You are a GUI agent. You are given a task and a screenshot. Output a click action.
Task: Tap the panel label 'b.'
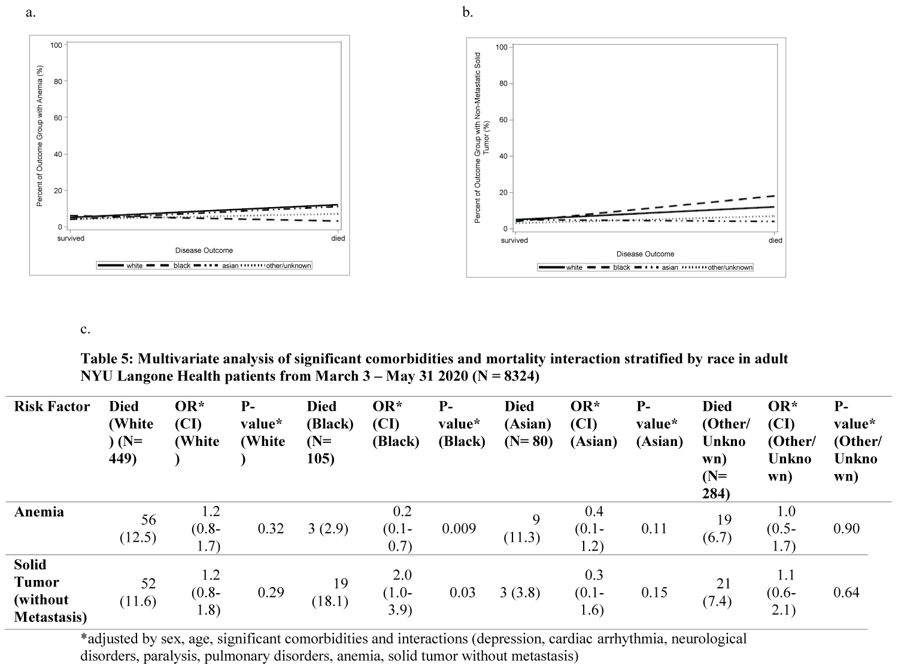click(x=468, y=12)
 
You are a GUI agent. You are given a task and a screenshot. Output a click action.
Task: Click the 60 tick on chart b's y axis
click(x=502, y=120)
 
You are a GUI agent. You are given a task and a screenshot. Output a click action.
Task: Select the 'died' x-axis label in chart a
click(x=338, y=238)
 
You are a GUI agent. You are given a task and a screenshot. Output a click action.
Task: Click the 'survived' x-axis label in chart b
click(x=514, y=241)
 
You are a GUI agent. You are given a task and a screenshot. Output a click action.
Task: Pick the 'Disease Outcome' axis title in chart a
click(x=204, y=250)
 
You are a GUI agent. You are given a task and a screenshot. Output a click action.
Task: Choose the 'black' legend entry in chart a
click(x=182, y=265)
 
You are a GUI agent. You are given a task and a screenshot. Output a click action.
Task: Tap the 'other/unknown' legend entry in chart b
click(x=730, y=268)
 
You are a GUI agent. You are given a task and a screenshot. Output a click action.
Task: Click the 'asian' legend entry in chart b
click(x=670, y=268)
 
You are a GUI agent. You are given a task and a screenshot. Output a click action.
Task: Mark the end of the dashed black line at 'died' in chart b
click(x=775, y=196)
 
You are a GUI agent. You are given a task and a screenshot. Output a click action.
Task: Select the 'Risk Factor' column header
click(x=51, y=406)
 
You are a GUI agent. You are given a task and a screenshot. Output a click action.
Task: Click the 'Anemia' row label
click(x=39, y=512)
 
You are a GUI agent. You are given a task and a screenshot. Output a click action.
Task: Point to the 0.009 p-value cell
click(x=459, y=529)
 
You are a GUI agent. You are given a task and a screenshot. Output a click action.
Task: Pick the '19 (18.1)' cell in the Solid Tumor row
click(x=330, y=592)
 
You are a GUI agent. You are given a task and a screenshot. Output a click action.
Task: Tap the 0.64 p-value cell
click(x=846, y=592)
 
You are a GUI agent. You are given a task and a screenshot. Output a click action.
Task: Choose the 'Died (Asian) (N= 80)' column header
click(x=528, y=424)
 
